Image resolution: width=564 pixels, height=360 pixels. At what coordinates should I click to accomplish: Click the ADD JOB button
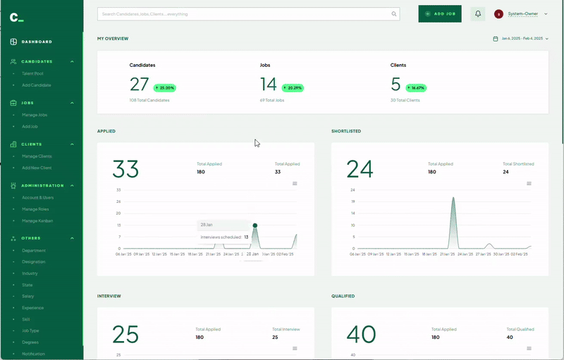point(440,13)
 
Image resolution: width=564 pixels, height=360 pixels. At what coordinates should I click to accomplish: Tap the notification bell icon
point(478,13)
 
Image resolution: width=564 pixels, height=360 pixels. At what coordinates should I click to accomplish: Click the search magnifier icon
point(394,13)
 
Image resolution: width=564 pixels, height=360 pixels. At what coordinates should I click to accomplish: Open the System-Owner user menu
point(522,13)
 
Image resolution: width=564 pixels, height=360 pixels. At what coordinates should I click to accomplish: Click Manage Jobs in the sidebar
point(35,114)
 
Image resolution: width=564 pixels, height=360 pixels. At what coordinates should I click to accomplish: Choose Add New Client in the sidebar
point(37,168)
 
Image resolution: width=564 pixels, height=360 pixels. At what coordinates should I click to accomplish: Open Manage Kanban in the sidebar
point(37,221)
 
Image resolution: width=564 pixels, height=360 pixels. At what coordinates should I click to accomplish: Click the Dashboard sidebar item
point(36,42)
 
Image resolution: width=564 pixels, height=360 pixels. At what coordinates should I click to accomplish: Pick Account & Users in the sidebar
point(37,197)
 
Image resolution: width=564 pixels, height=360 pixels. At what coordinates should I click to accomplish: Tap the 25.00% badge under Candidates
point(164,88)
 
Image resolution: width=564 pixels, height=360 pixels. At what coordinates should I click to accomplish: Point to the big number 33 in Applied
point(126,169)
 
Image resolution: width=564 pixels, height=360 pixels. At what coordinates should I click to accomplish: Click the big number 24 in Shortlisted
point(360,169)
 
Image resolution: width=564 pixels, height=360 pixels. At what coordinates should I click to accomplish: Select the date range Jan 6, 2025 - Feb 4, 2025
point(522,38)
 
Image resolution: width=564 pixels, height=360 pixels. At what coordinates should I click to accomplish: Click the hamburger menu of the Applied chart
point(295,183)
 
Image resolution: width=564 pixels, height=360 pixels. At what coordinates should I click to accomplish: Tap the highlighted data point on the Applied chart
point(255,225)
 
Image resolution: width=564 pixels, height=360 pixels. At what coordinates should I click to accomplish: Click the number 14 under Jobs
point(269,85)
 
